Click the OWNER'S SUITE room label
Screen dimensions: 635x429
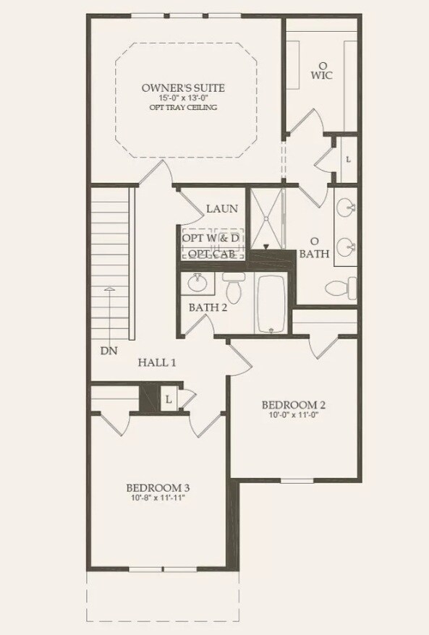pyautogui.click(x=184, y=88)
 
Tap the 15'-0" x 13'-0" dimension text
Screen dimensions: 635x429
pyautogui.click(x=184, y=98)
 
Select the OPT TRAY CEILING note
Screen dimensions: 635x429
pyautogui.click(x=184, y=108)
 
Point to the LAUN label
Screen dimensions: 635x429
pyautogui.click(x=222, y=209)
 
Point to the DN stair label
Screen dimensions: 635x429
pyautogui.click(x=109, y=351)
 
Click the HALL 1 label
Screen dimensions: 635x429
pyautogui.click(x=157, y=362)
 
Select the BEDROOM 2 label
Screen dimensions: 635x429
pyautogui.click(x=289, y=404)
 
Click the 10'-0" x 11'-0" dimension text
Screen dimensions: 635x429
pyautogui.click(x=289, y=415)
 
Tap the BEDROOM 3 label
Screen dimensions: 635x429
pyautogui.click(x=157, y=487)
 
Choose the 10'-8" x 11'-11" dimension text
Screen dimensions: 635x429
pyautogui.click(x=157, y=498)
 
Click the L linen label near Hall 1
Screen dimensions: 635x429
pyautogui.click(x=168, y=399)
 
